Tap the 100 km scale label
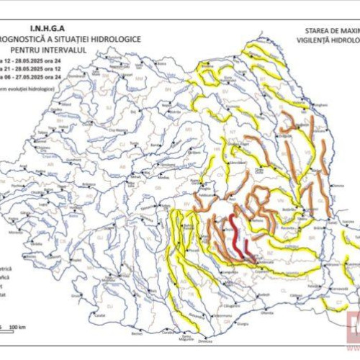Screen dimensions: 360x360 tap(18, 328)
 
